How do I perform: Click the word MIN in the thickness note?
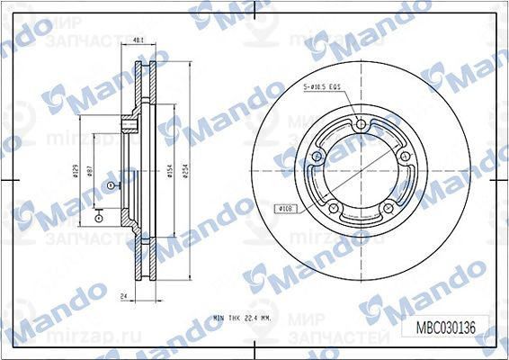tap(219, 318)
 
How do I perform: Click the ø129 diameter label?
tap(75, 170)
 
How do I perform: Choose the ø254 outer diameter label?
tap(185, 170)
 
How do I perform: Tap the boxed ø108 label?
tap(286, 208)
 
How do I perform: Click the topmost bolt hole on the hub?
tap(360, 125)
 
